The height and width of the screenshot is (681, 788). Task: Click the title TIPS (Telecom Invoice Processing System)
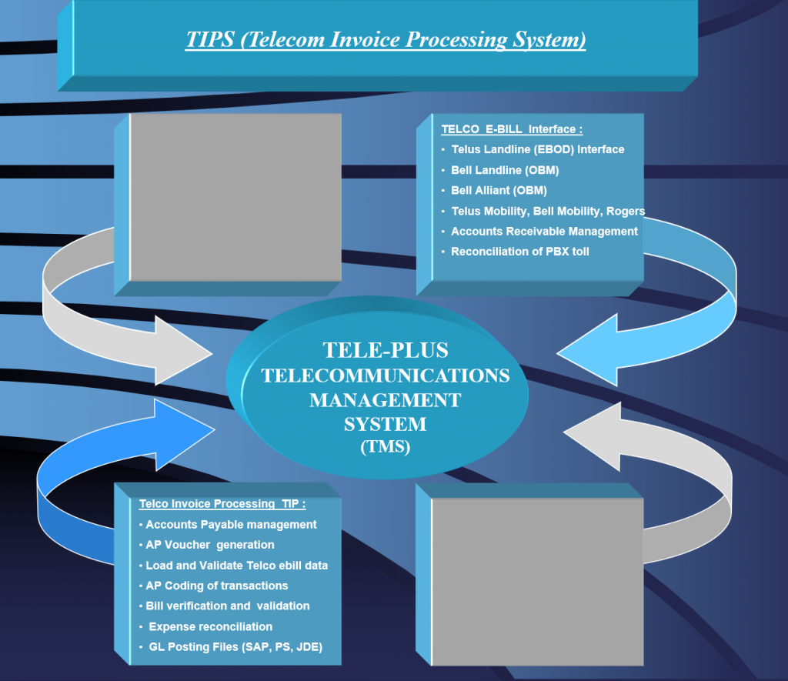tap(386, 40)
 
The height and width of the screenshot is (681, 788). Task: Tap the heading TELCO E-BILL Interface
tap(512, 129)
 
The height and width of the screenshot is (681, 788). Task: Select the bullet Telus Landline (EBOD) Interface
tap(538, 149)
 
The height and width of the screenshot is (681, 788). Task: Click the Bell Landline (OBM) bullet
tap(505, 170)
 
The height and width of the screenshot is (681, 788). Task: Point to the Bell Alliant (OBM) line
tap(499, 191)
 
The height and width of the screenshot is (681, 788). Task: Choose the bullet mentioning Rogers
tap(548, 211)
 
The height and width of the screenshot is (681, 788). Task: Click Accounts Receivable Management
tap(544, 231)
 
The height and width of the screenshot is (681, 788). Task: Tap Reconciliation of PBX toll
tap(520, 252)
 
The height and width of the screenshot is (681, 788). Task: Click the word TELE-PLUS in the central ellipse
tap(386, 350)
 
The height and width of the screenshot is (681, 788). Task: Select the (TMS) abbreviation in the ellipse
tap(386, 447)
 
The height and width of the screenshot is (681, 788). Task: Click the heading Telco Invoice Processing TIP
tap(222, 503)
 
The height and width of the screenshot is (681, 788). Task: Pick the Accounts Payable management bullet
tap(231, 524)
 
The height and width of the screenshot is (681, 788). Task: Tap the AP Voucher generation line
tap(210, 545)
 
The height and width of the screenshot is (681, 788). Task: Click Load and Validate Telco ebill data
tap(237, 566)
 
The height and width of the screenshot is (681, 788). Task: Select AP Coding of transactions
tap(216, 586)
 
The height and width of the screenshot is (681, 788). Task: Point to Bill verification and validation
tap(228, 606)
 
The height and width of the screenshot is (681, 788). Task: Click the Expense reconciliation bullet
tap(211, 626)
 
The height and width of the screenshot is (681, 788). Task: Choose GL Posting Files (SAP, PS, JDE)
tap(235, 647)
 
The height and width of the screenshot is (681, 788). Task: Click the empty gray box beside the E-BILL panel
tap(235, 197)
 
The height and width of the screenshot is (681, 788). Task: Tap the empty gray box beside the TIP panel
tap(538, 582)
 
